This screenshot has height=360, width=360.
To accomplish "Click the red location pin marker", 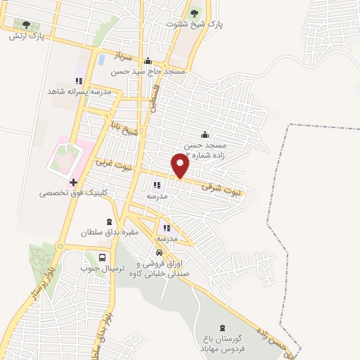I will (181, 165).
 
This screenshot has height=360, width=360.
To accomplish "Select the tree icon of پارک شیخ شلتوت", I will (195, 12).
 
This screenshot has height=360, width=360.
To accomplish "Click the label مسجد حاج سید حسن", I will (149, 72).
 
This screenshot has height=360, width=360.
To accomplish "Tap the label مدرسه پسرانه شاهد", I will (79, 91).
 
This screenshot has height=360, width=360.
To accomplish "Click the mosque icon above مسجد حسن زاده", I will (205, 135).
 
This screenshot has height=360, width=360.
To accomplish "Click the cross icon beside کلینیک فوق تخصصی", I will (73, 181).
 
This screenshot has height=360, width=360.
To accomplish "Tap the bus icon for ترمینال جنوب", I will (103, 257).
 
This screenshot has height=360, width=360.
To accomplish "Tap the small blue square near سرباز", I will (103, 57).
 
